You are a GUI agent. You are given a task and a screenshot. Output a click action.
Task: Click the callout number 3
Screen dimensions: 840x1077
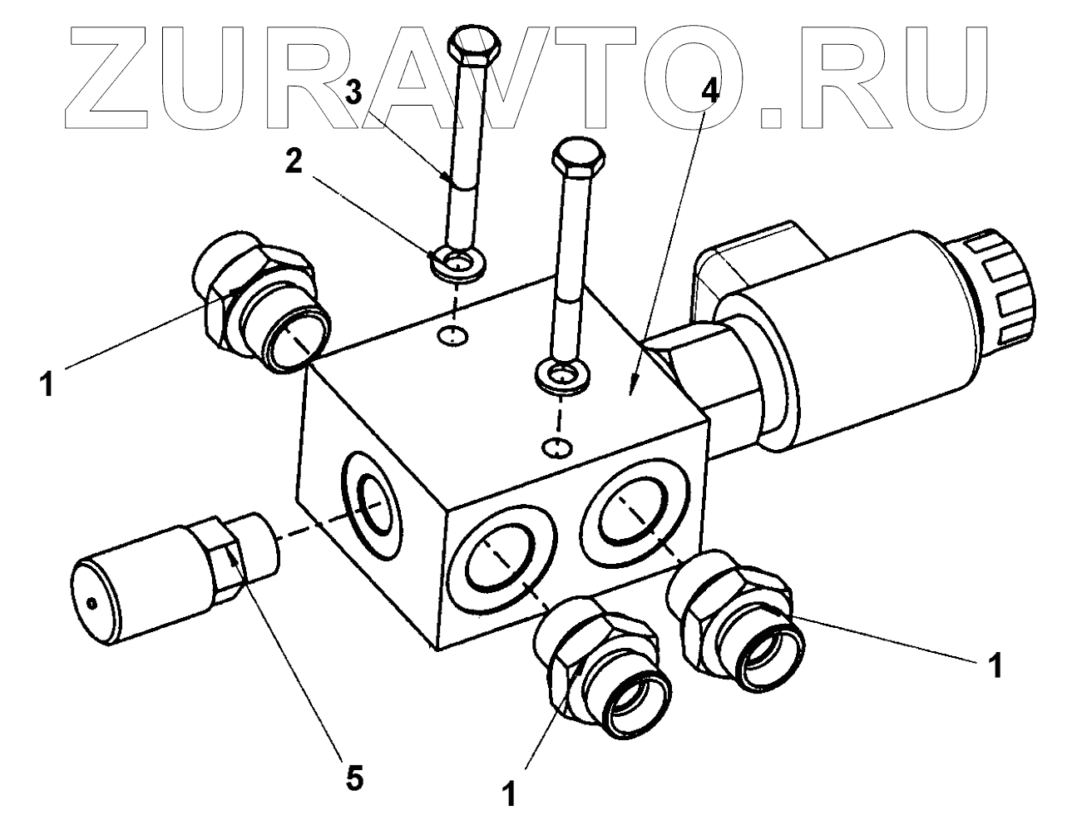pos(355,91)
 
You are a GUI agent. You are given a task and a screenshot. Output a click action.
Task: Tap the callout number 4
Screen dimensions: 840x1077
pos(709,91)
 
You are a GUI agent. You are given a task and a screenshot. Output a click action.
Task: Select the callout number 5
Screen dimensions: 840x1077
pos(354,779)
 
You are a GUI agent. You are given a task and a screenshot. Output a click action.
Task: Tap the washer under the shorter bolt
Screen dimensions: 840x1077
pos(563,375)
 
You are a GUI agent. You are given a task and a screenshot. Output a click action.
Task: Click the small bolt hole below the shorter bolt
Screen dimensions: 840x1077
pos(557,448)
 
